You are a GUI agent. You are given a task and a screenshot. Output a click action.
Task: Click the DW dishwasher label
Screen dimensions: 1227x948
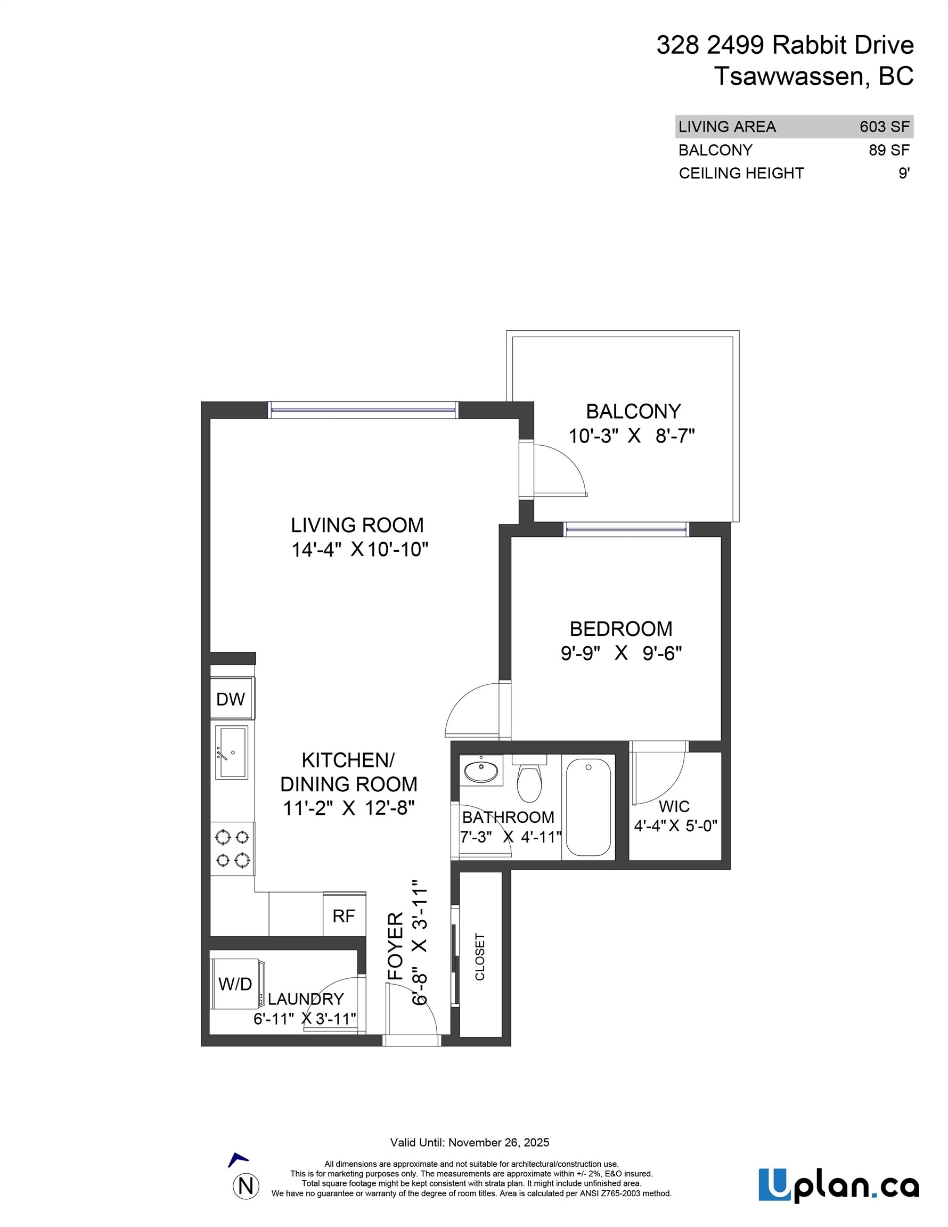[231, 699]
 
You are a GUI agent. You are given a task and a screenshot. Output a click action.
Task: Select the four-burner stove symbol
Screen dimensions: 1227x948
[233, 848]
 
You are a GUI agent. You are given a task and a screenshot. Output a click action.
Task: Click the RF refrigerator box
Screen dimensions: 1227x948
[344, 917]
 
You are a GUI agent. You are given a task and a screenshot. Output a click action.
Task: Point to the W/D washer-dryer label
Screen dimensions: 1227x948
[235, 984]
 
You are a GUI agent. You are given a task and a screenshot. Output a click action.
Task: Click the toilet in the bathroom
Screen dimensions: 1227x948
[529, 781]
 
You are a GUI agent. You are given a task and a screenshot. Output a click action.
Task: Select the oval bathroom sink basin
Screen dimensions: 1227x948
[481, 770]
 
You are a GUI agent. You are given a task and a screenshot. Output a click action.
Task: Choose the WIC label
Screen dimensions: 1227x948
[674, 807]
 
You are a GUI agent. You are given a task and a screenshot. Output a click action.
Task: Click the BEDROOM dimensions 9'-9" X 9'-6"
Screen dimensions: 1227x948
[621, 653]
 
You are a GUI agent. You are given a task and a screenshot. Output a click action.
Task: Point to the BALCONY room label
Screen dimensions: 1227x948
[633, 411]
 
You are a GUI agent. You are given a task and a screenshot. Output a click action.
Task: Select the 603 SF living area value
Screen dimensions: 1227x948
[884, 127]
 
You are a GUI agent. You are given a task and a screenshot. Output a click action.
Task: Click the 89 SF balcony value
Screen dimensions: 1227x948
[889, 150]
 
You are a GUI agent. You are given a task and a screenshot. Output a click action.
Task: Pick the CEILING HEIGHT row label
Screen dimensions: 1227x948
[741, 173]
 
